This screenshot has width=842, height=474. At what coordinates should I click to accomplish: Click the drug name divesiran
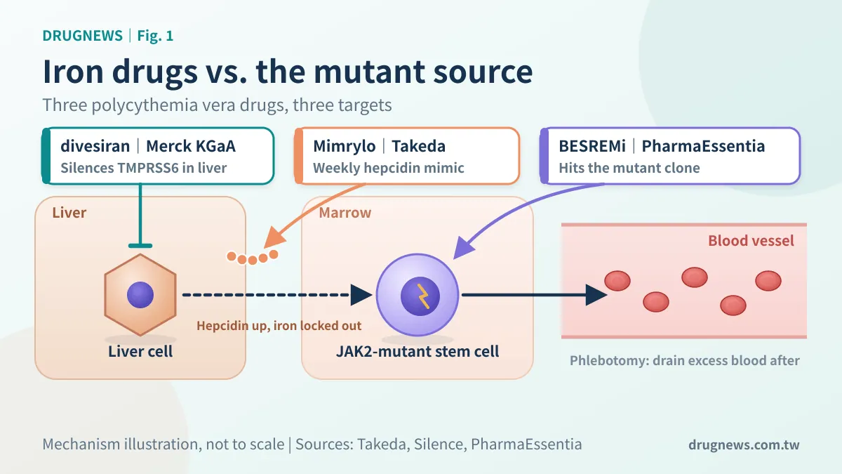tap(95, 146)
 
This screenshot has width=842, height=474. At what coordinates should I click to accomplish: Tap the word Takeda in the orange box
tap(418, 146)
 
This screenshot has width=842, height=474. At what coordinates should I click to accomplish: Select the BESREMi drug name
tap(592, 146)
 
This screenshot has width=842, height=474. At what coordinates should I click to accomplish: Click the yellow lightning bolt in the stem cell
tap(422, 296)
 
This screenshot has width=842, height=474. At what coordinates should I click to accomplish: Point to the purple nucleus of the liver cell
tap(140, 295)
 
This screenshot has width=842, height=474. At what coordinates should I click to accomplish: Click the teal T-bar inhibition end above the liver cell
tap(140, 246)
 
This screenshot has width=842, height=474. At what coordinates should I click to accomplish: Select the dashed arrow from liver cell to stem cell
tap(277, 295)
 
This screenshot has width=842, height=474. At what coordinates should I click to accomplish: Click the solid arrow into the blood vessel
tap(534, 295)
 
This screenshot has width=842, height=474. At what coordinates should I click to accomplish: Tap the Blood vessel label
tap(751, 241)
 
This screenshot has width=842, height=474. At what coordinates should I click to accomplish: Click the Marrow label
tap(345, 213)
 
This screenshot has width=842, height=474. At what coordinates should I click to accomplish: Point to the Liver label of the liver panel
tap(69, 213)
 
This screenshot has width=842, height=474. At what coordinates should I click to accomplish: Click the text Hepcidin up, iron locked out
tap(279, 326)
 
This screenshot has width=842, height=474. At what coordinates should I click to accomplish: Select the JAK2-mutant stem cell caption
tap(417, 351)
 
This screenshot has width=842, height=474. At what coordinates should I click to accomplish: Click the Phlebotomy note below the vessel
tap(685, 360)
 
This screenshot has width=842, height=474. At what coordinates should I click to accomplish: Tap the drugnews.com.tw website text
tap(744, 445)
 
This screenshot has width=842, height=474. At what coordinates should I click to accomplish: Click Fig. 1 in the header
tap(155, 35)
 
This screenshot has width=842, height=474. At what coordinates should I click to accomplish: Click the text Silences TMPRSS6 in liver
tap(144, 168)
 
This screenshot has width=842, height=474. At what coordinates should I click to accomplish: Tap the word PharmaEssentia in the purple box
tap(703, 146)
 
